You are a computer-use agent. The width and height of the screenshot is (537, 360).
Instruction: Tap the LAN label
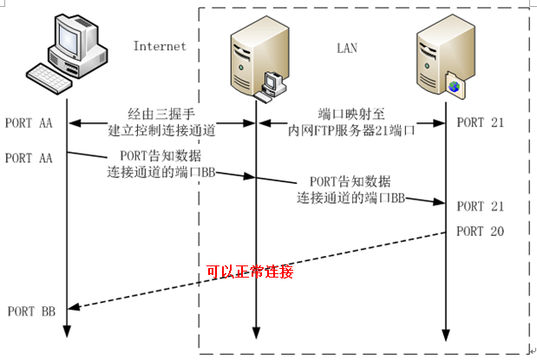coord(347,47)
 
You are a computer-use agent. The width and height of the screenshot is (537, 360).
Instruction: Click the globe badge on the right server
coord(453,83)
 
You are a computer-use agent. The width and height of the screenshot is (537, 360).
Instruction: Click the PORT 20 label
coord(480,232)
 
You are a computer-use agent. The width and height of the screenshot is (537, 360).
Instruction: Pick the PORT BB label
coord(31,311)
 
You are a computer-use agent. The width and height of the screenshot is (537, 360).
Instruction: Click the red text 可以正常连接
coord(250,272)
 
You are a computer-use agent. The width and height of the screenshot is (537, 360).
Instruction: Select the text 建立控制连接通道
coord(161,130)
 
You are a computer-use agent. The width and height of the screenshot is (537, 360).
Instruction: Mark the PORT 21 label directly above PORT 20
coord(480,206)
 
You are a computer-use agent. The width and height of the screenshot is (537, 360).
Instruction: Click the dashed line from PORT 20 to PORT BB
coord(260,268)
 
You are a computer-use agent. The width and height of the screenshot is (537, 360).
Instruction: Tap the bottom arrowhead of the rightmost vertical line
coord(447,336)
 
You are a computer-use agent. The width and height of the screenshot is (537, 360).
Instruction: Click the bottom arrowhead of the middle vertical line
coord(256,336)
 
